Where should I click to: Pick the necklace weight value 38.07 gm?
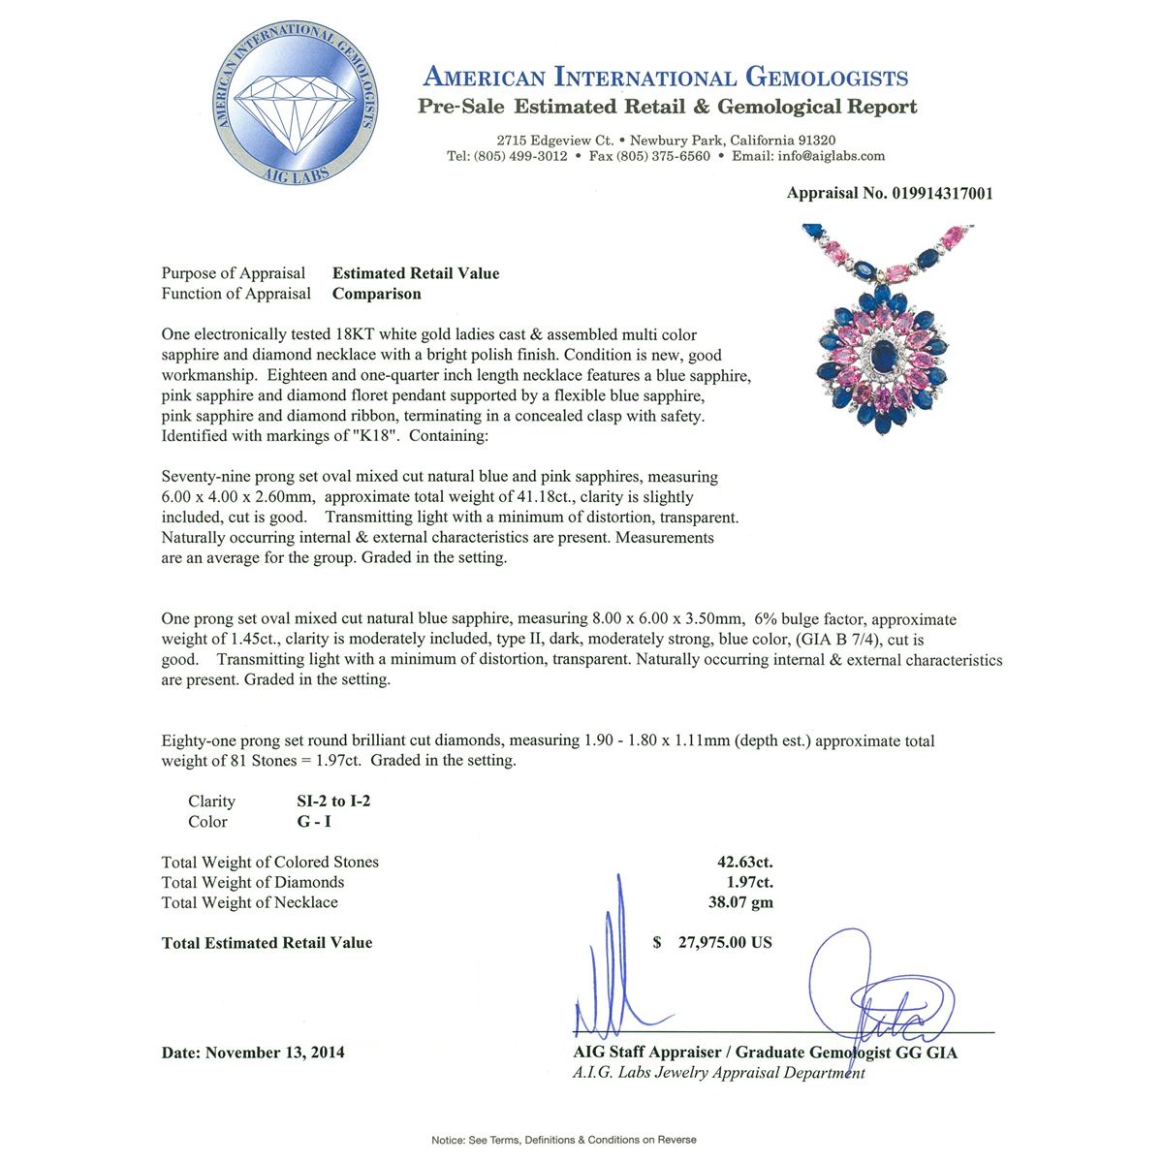coord(740,902)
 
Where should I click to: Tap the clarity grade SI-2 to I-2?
coord(333,801)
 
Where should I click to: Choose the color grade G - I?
coord(314,821)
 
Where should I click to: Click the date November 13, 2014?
coord(274,1053)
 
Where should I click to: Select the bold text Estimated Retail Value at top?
coord(416,273)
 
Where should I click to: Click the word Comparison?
coord(376,294)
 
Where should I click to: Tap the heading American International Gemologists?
coord(666,78)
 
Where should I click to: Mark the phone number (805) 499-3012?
coord(519,156)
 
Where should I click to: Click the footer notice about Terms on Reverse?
coord(564,1140)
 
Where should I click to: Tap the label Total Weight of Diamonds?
coord(253,882)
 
